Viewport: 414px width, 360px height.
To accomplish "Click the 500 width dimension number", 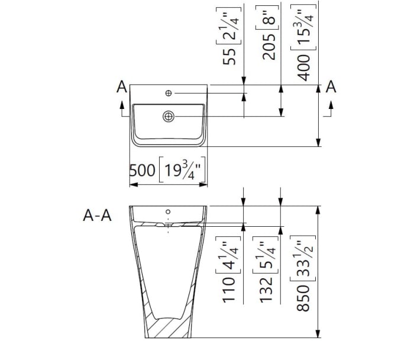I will click(143, 171).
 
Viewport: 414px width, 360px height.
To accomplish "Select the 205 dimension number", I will click(269, 47).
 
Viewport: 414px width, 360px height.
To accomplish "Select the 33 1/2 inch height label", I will click(305, 258).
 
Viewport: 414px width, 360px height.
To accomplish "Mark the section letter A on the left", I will click(122, 87).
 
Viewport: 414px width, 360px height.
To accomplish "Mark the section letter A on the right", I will click(331, 87).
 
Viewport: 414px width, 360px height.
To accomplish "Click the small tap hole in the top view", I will click(169, 93).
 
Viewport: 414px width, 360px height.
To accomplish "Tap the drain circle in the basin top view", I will click(169, 117).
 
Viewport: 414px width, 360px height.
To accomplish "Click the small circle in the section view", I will click(169, 211).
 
